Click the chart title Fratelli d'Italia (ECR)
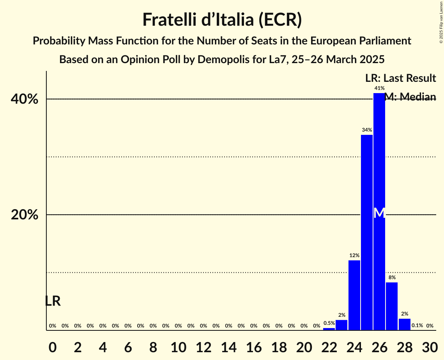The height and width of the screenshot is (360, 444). point(222,20)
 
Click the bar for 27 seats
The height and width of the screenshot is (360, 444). point(392,306)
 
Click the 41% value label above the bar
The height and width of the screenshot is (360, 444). point(379,88)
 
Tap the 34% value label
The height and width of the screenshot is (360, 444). point(366,130)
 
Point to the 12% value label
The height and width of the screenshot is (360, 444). point(354,256)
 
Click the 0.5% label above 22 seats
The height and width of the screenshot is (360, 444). point(329,323)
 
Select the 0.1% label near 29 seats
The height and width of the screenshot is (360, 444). point(417,326)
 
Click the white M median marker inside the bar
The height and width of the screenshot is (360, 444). point(379,213)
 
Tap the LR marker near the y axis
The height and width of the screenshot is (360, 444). point(53,301)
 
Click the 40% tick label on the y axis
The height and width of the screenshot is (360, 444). point(25,99)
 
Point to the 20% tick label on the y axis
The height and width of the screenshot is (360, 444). point(25,215)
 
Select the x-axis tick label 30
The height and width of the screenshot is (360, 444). point(430,346)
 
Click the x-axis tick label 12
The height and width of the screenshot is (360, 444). point(203,346)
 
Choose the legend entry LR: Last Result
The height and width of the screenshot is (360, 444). point(400,78)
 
